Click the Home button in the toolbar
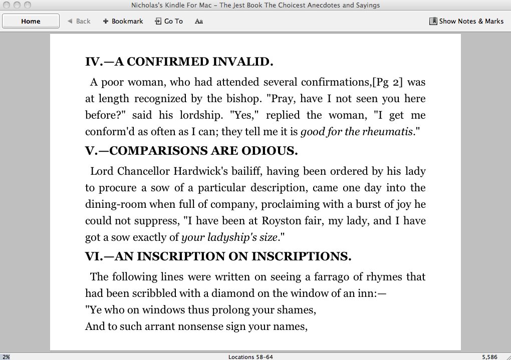[31, 21]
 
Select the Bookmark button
[123, 21]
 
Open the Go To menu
[169, 21]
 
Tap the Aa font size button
[199, 21]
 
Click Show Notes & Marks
[466, 21]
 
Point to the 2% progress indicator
[6, 357]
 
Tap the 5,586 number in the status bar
[489, 357]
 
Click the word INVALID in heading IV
[243, 62]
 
